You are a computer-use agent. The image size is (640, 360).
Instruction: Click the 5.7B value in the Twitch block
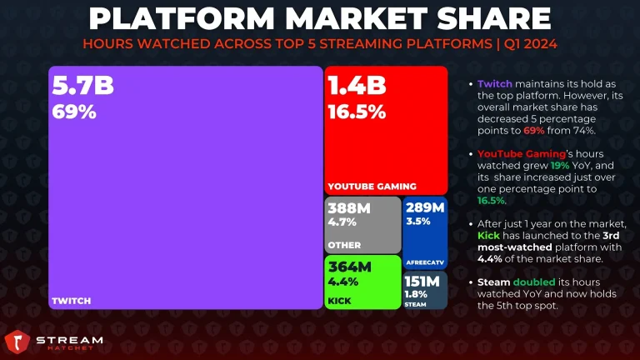coord(82,86)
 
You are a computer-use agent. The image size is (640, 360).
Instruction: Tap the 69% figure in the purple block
coord(74,112)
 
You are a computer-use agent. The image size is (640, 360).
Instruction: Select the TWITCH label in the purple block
coord(72,301)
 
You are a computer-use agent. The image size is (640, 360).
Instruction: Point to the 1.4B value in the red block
coord(357,86)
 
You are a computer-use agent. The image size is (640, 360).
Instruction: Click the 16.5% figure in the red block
coord(357,112)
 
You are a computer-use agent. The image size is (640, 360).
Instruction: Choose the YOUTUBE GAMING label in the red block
coord(372,187)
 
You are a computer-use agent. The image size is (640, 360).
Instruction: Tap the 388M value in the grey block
coord(349,208)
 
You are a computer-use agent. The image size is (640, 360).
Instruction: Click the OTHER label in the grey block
coord(344,245)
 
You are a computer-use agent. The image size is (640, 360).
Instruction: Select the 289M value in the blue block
coord(425,207)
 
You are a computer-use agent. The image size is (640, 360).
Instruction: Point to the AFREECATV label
coord(425,262)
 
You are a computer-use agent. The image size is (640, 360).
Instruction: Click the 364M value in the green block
coord(350,267)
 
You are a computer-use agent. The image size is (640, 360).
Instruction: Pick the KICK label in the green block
coord(340,301)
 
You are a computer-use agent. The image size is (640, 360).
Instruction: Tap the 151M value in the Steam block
coord(422,281)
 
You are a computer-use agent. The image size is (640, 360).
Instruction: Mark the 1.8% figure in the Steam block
coord(416,294)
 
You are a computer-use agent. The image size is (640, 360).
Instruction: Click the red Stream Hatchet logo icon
coord(17,342)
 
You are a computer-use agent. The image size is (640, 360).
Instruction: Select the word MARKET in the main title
coord(357,18)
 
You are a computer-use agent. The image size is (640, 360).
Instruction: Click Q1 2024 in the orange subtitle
coord(531,43)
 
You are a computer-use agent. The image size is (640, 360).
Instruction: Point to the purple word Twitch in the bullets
coord(495,84)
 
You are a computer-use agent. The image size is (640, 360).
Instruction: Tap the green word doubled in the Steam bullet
coord(534,282)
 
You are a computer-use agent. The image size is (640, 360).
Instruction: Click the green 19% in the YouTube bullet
coord(560,166)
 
